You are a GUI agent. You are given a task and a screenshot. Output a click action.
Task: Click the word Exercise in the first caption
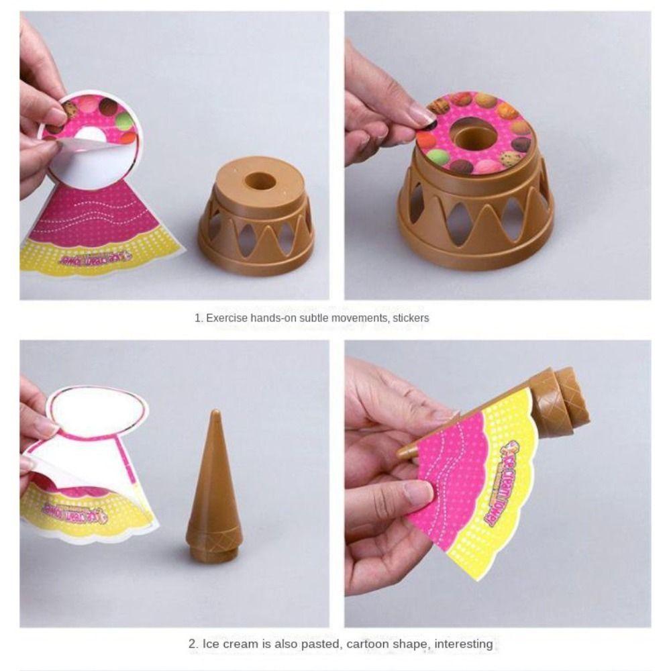[x=226, y=317]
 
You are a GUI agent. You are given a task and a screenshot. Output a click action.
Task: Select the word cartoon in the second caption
[x=373, y=644]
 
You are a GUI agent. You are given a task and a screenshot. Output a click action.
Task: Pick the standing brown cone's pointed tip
[x=215, y=413]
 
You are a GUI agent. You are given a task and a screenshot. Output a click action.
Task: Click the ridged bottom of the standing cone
[x=214, y=544]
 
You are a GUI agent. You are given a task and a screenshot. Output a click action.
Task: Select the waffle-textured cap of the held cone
[x=562, y=399]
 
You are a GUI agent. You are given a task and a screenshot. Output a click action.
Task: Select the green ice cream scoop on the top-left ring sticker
[x=124, y=121]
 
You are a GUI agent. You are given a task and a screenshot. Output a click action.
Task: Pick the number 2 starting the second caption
[x=191, y=644]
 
